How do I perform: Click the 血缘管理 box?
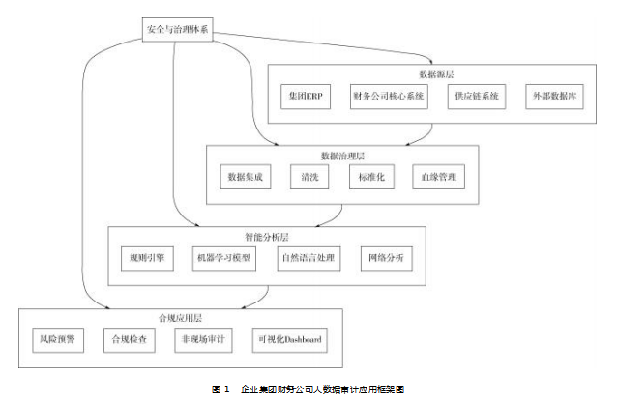pyautogui.click(x=439, y=178)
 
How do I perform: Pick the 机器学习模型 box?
pyautogui.click(x=222, y=258)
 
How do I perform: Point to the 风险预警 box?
pyautogui.click(x=59, y=339)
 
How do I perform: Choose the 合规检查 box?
pyautogui.click(x=129, y=339)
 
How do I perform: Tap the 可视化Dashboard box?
pyautogui.click(x=289, y=339)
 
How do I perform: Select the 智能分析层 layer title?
pyautogui.click(x=267, y=236)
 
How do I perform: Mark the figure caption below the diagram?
pyautogui.click(x=308, y=388)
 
